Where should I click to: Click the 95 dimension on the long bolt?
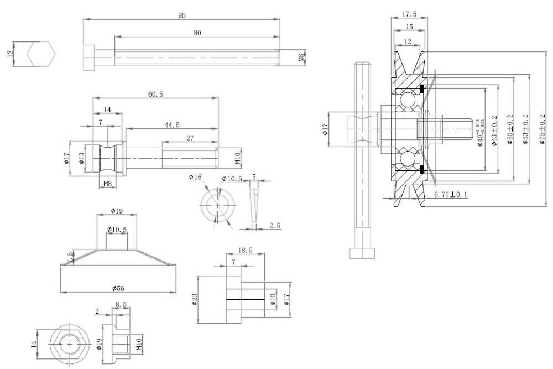click(x=181, y=15)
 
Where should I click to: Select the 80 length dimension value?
click(x=197, y=33)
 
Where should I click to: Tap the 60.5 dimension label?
click(x=155, y=95)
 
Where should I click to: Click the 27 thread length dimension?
click(x=189, y=138)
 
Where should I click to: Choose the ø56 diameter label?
click(x=118, y=288)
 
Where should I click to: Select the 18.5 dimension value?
click(x=245, y=251)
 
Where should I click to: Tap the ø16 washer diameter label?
click(x=195, y=177)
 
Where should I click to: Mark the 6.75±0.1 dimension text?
click(x=451, y=194)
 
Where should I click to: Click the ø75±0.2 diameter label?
click(x=542, y=129)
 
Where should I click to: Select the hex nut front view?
click(x=70, y=344)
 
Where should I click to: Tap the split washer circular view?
click(x=218, y=205)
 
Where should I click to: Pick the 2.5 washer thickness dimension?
click(x=274, y=225)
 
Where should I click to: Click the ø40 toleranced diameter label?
click(x=481, y=132)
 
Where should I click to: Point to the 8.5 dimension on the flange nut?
click(x=121, y=303)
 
